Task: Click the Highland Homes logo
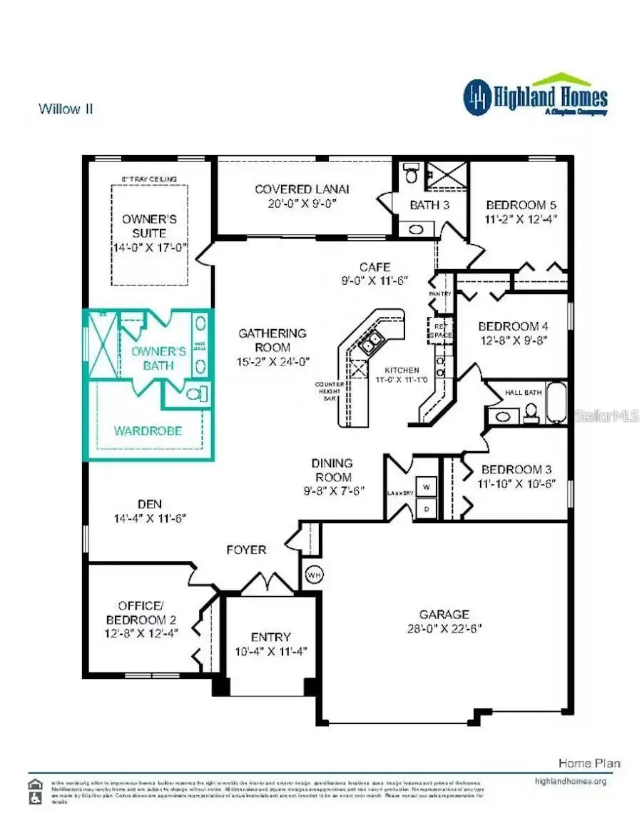pos(535,96)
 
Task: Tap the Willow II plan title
pos(66,109)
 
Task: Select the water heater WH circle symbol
pos(314,573)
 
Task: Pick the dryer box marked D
pos(427,508)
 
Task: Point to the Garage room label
pos(444,614)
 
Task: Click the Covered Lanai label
pos(302,189)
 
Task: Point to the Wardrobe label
pos(148,431)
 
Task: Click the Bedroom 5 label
pos(516,204)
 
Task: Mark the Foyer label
pos(246,550)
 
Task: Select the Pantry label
pos(441,293)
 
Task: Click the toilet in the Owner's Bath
pos(194,393)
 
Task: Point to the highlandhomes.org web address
pos(570,781)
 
